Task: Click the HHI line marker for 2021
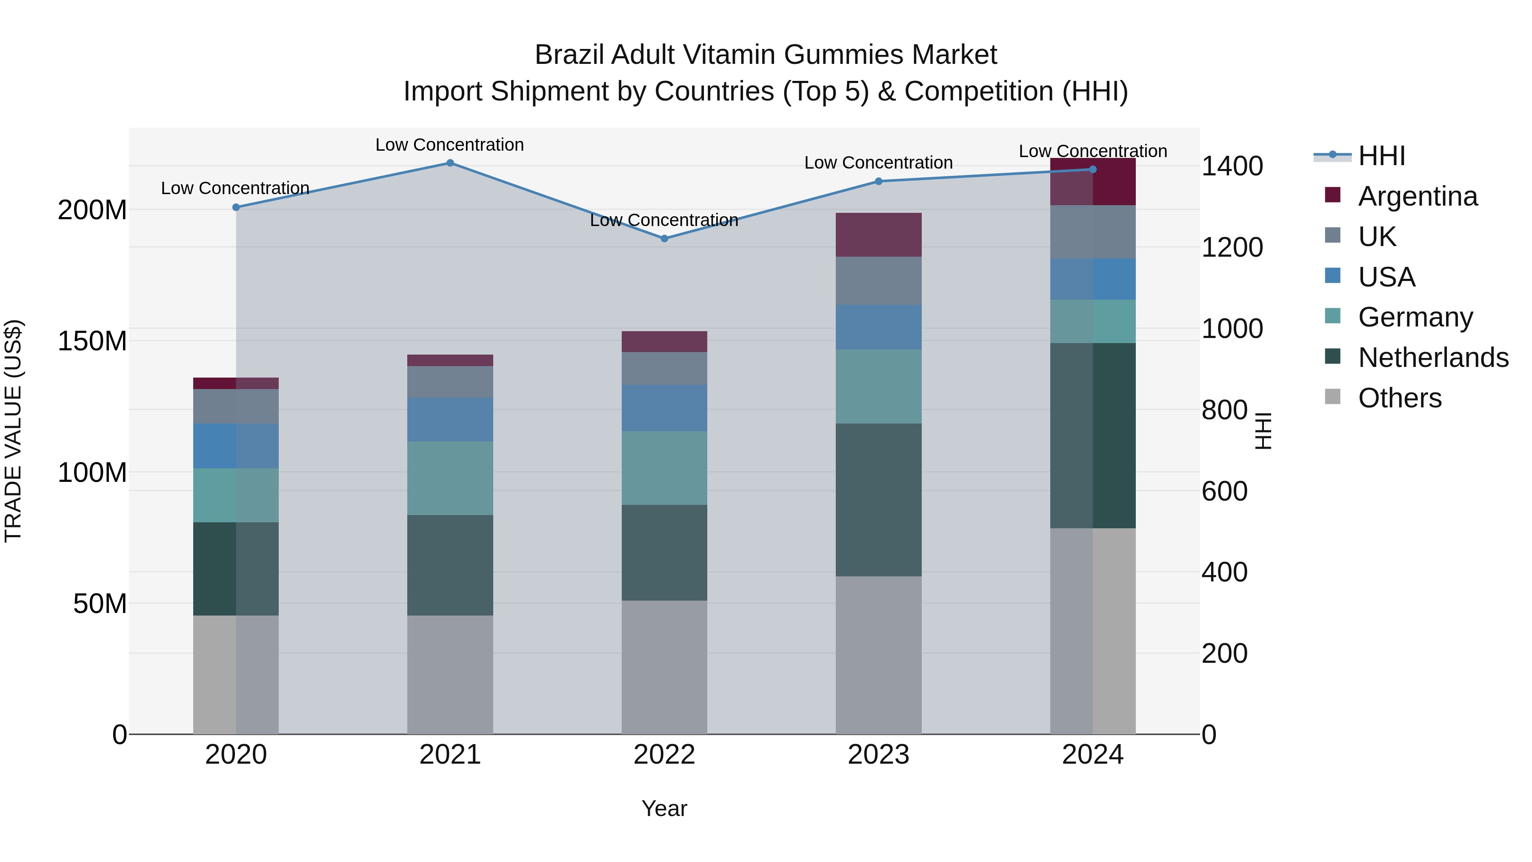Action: tap(450, 163)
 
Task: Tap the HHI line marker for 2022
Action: tap(664, 238)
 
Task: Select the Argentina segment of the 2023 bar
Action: tap(878, 235)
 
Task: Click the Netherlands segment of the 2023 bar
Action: tap(878, 500)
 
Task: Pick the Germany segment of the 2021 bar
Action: tap(450, 478)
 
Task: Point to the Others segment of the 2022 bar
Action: tap(664, 667)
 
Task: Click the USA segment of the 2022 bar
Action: tap(664, 408)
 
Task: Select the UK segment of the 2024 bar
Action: tap(1092, 232)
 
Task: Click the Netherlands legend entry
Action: tap(1433, 358)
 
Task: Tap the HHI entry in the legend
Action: tap(1381, 156)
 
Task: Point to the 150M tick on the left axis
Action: tap(92, 341)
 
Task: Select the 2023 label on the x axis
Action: tap(878, 755)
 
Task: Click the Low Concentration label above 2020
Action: tap(235, 189)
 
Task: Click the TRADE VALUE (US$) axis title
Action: tap(13, 431)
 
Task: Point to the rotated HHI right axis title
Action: tap(1262, 431)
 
